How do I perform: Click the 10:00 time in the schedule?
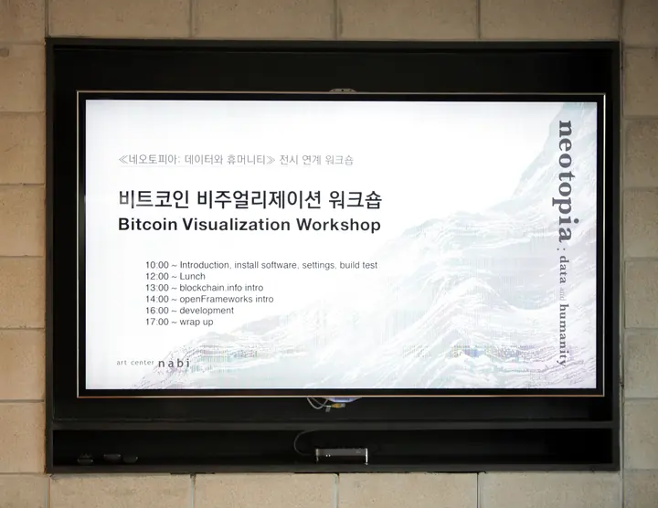(x=157, y=265)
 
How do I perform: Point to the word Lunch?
(x=193, y=276)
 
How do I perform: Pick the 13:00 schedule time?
(x=157, y=287)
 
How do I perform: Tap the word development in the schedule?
(x=207, y=310)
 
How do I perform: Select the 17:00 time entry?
(x=157, y=322)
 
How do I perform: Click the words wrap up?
(x=196, y=322)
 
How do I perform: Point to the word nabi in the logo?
(x=174, y=363)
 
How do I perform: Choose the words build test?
(x=358, y=265)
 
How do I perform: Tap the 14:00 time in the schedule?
(x=157, y=299)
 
